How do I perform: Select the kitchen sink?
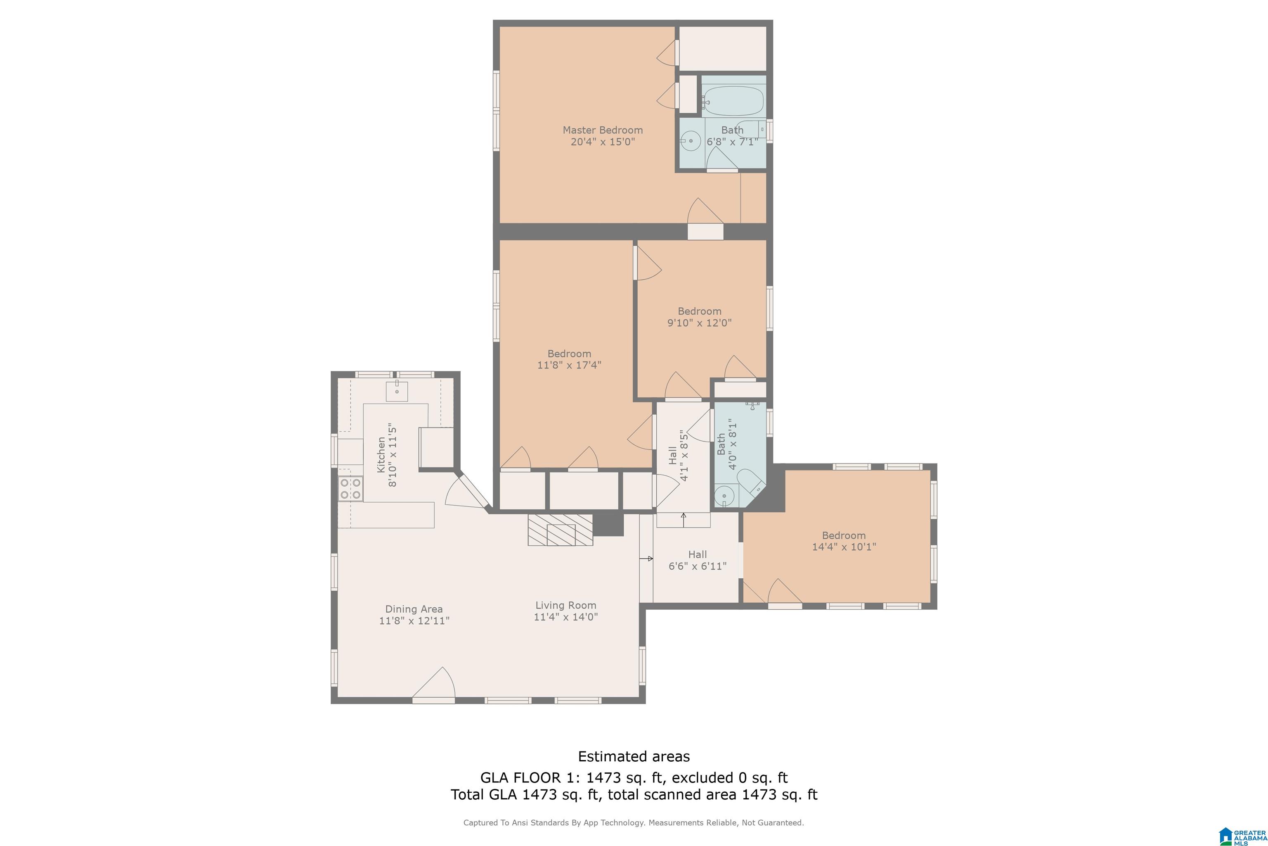(x=397, y=391)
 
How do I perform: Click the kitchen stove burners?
(x=350, y=489)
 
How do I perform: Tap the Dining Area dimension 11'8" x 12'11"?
(x=414, y=620)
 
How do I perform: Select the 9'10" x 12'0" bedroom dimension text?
(x=700, y=323)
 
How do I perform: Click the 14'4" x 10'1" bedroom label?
(x=844, y=541)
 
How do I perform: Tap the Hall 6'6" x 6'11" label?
(x=698, y=560)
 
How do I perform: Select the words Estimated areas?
(x=634, y=756)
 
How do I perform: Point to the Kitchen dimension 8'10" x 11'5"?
(x=393, y=455)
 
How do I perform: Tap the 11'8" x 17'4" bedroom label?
(x=569, y=359)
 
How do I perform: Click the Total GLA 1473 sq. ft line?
(x=634, y=794)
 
